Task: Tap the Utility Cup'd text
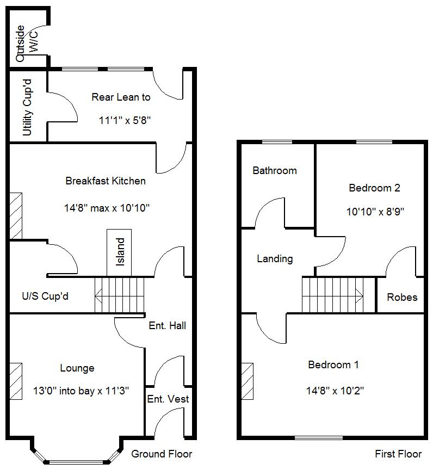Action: [27, 107]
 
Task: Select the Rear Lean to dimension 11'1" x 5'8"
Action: [125, 121]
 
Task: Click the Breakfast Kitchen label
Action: [106, 181]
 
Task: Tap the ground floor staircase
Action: [120, 294]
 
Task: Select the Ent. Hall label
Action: [167, 325]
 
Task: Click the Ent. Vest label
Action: [168, 399]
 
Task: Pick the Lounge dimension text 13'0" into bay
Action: [81, 390]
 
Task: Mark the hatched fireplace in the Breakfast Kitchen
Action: [16, 215]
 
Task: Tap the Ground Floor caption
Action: [162, 454]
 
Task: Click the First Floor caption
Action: [398, 454]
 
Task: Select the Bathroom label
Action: [275, 170]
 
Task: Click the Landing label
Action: [275, 259]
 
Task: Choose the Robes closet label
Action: [402, 297]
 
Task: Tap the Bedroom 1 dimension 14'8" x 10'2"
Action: [333, 390]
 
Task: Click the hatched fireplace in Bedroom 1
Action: [248, 381]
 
